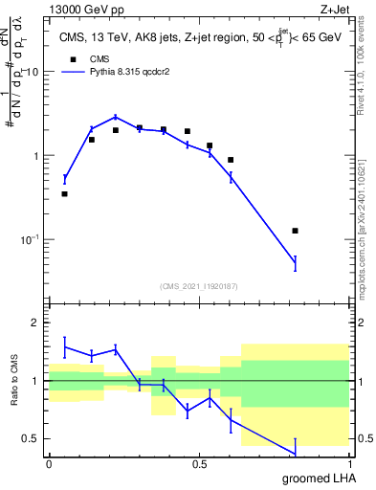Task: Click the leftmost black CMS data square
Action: click(x=64, y=194)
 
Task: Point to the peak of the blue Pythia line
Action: click(x=115, y=117)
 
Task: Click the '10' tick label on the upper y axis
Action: click(x=32, y=73)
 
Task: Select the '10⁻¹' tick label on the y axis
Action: click(x=29, y=239)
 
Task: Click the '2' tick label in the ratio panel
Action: click(x=36, y=323)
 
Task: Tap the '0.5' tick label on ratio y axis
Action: click(x=31, y=439)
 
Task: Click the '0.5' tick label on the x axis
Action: click(x=199, y=464)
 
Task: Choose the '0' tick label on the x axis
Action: click(x=49, y=464)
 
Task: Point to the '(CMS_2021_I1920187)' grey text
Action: click(x=199, y=285)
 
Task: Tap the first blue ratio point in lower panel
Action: click(x=64, y=347)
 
